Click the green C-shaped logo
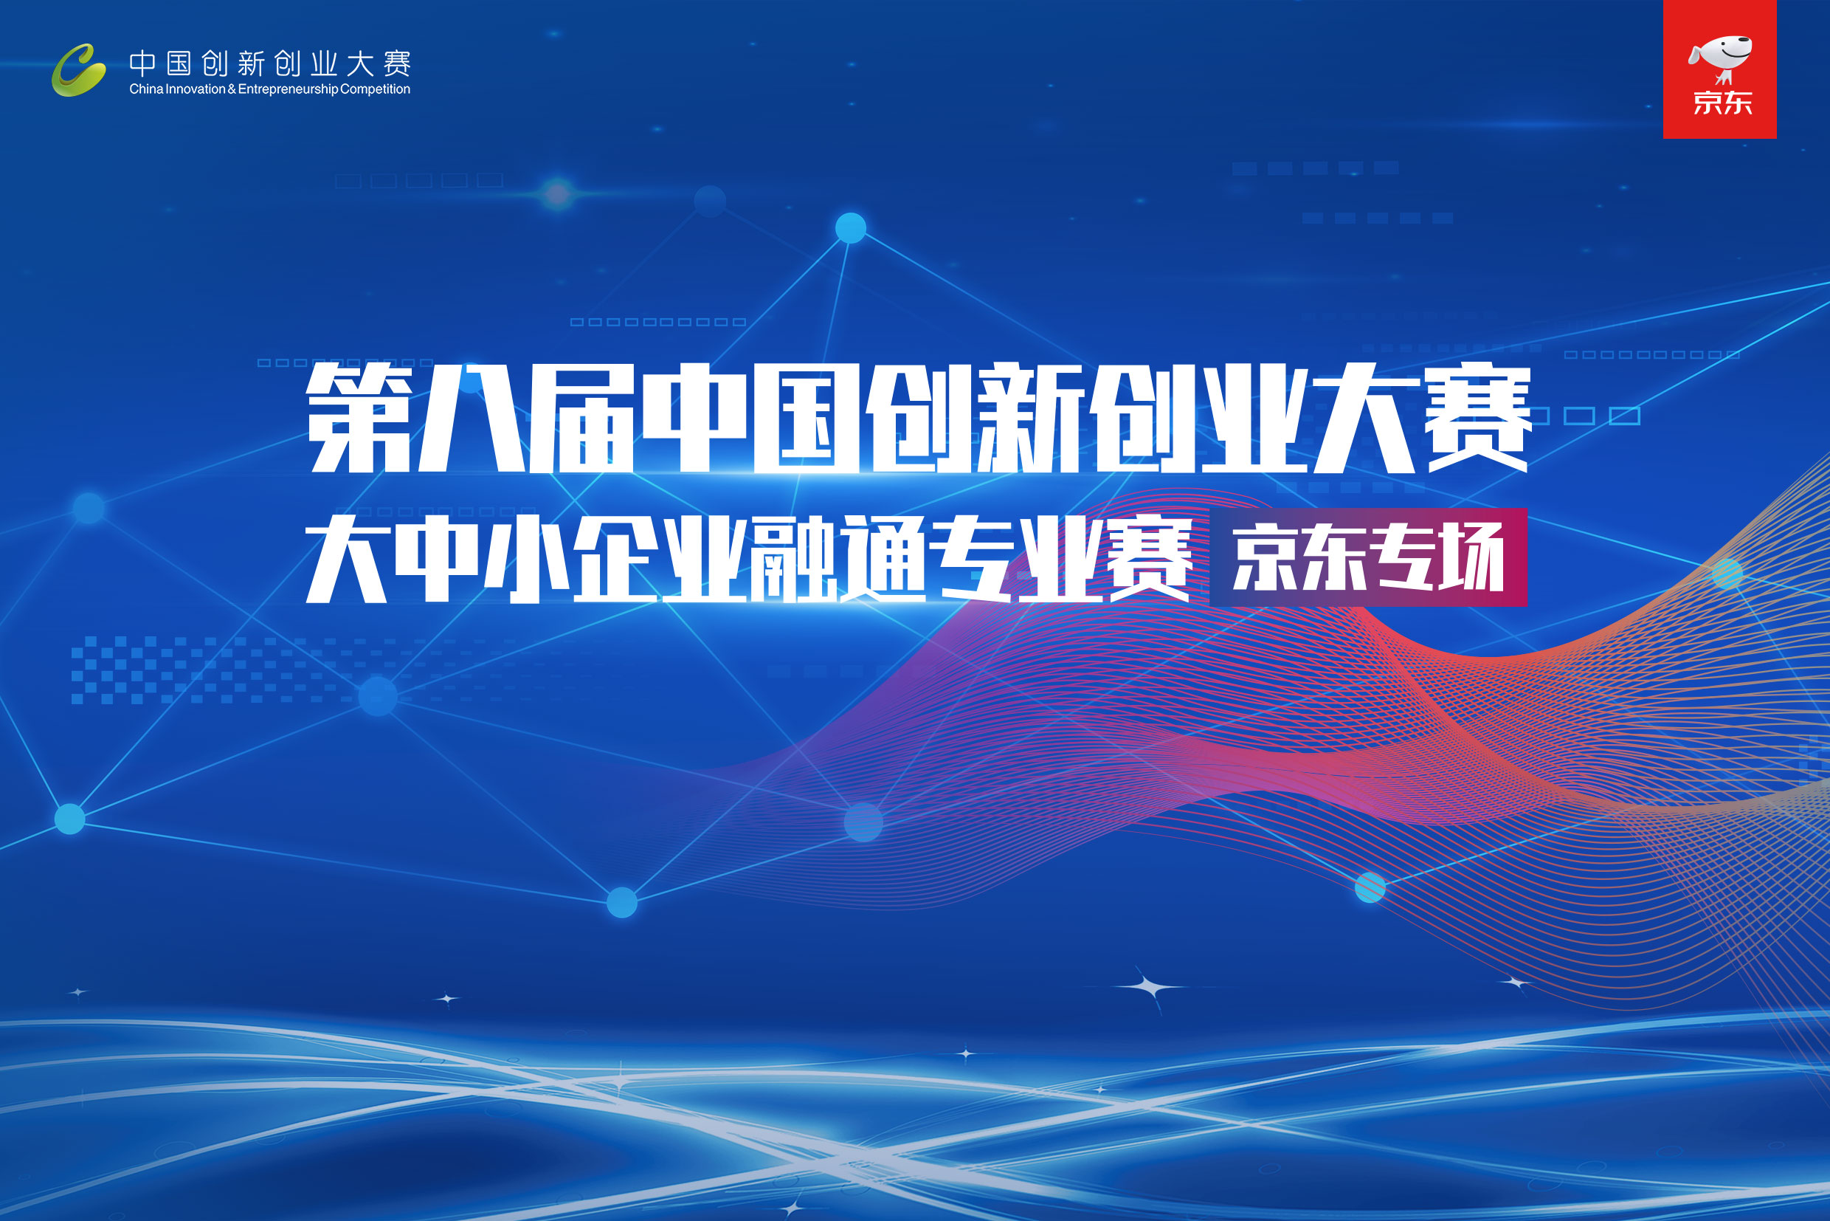pos(79,70)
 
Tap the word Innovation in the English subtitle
pos(196,89)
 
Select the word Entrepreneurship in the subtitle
pos(288,89)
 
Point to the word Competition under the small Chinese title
pos(375,89)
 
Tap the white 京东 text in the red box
pos(1722,103)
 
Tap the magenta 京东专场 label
pos(1367,557)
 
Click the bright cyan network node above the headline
pos(851,228)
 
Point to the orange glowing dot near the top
pos(557,194)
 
